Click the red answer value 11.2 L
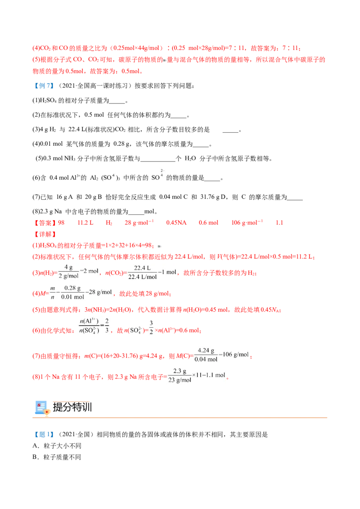point(85,223)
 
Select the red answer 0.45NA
point(176,223)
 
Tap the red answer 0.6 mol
point(208,223)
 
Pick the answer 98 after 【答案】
point(61,223)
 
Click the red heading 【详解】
point(45,234)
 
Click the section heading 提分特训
point(72,407)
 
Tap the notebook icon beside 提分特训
point(42,408)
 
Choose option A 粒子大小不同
point(57,446)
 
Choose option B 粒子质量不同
point(57,457)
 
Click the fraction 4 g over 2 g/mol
point(68,272)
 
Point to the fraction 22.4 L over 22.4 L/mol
point(142,272)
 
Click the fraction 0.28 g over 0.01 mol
point(72,292)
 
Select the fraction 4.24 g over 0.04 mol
point(206,355)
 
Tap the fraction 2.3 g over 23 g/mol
point(180,375)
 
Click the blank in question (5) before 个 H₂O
point(157,159)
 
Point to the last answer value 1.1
point(279,223)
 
